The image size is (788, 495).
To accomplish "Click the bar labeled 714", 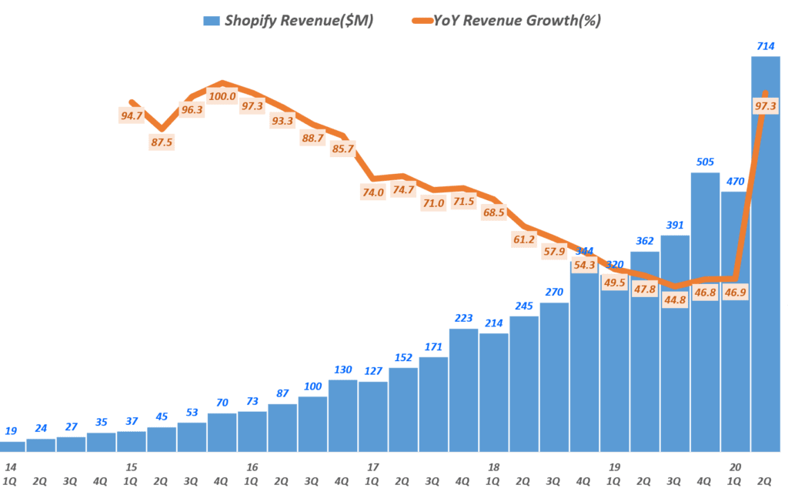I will click(766, 254).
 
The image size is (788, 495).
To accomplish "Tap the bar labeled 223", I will click(464, 390).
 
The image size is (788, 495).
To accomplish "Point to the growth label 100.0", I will click(222, 96).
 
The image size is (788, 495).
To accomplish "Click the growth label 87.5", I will click(162, 142).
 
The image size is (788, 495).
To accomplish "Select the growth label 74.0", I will click(373, 193).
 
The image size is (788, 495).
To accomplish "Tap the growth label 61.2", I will click(524, 239).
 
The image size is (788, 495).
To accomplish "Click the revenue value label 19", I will click(11, 431).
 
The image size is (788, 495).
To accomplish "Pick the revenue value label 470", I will click(736, 181).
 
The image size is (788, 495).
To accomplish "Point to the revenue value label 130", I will click(343, 370).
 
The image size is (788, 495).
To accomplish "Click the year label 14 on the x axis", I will click(11, 467).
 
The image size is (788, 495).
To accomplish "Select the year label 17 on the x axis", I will click(373, 467).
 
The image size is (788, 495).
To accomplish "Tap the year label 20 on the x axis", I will click(736, 467).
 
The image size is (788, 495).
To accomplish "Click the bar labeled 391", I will click(675, 343).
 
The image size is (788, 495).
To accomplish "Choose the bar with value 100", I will click(312, 423).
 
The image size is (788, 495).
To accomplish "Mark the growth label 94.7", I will click(132, 116).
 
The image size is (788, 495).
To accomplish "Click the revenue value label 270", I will click(554, 293).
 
